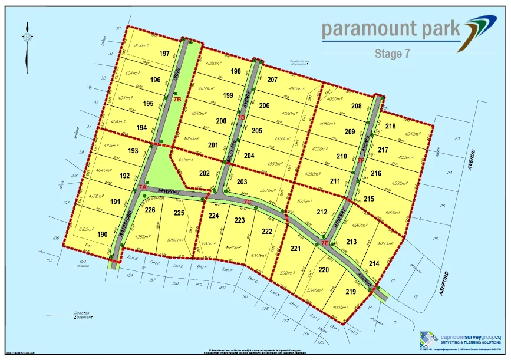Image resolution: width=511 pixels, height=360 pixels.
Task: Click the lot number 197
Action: point(164,54)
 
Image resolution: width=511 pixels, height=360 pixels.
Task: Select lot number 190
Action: point(102,235)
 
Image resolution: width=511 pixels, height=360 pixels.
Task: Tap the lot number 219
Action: point(351,292)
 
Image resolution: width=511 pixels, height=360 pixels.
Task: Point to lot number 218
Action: point(390,126)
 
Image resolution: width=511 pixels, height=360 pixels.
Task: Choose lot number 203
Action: point(242,183)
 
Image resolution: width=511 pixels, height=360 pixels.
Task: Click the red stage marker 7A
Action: point(142,187)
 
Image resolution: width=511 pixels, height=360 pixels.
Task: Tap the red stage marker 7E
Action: point(325,242)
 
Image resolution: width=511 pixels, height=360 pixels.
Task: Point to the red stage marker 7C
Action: point(248,202)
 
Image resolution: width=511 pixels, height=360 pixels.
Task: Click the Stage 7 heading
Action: point(392,54)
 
